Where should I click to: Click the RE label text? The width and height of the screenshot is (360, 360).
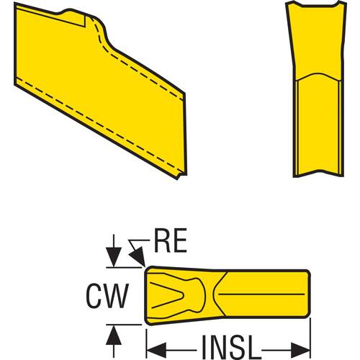[171, 240]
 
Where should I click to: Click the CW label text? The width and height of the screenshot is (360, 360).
[107, 296]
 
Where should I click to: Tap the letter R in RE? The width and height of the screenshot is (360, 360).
[162, 240]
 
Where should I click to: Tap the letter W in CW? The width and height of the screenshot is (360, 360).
[117, 296]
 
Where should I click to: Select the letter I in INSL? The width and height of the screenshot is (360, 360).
[204, 347]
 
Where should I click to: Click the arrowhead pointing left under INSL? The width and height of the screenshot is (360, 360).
[156, 351]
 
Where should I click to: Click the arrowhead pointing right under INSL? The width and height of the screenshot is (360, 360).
[300, 351]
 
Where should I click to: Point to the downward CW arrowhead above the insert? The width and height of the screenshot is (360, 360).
[114, 257]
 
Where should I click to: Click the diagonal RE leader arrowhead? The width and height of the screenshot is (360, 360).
[138, 256]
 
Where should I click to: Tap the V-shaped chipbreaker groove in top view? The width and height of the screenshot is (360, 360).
[168, 294]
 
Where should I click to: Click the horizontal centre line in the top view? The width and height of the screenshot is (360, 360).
[261, 294]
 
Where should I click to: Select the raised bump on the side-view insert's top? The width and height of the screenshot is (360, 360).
[70, 11]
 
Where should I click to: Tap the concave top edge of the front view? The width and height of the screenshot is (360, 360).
[316, 5]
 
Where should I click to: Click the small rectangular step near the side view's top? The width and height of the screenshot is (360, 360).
[81, 20]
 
